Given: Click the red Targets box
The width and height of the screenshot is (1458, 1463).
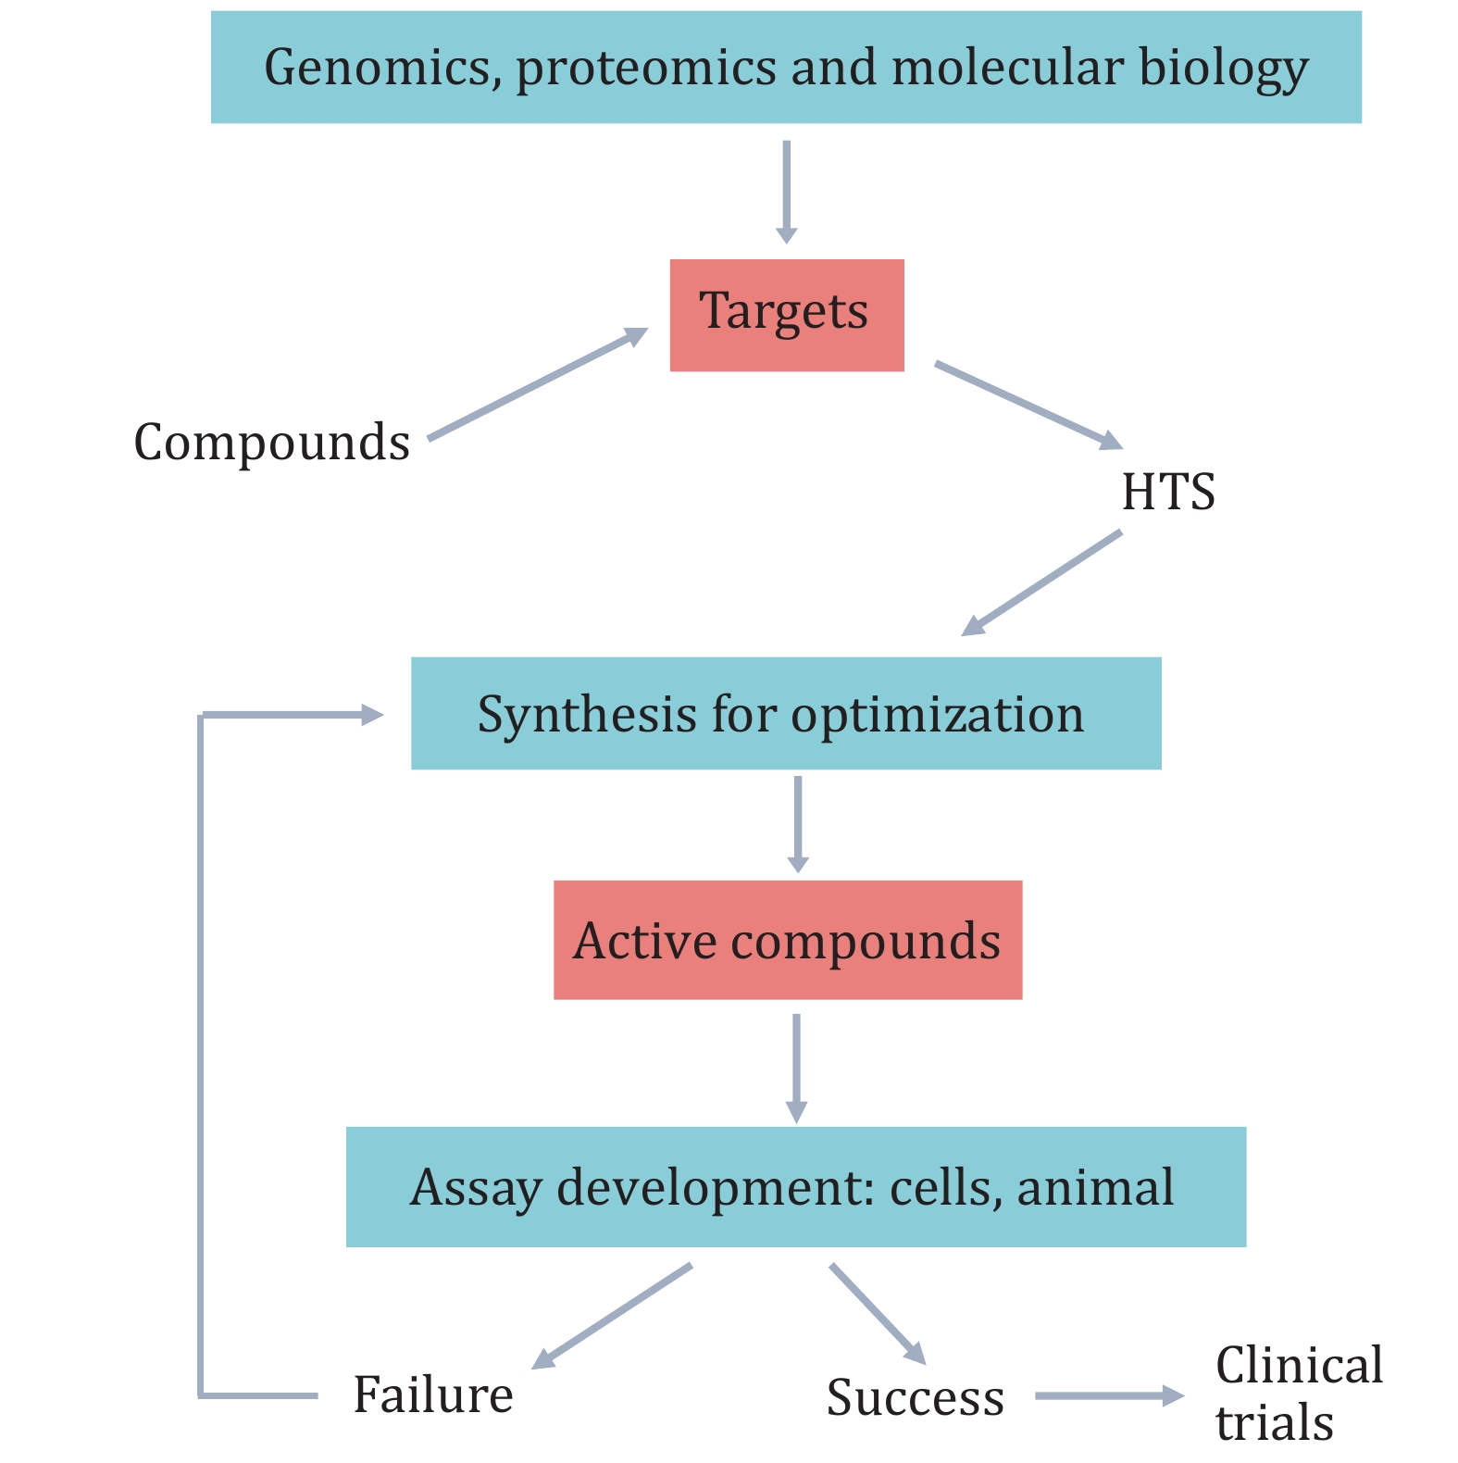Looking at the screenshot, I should coord(786,315).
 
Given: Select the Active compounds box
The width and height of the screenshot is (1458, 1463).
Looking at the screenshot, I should coord(787,940).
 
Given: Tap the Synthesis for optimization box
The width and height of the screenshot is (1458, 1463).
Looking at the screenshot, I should coord(785,713).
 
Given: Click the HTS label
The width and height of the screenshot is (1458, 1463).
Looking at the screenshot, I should coord(1168,492).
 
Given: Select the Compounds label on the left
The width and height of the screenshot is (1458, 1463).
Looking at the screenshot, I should coord(272,443).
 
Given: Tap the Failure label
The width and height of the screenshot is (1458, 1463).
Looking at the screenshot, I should coord(433,1394).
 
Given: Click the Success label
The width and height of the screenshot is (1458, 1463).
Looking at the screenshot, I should coord(915,1397).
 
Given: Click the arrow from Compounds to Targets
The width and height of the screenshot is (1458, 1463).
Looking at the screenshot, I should coord(537,384).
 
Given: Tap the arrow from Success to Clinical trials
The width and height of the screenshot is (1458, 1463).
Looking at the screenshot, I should coord(1108,1395).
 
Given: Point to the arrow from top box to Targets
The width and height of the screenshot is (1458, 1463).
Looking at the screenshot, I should coord(786,191).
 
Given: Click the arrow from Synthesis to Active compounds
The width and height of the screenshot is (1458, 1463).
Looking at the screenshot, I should coord(797,822).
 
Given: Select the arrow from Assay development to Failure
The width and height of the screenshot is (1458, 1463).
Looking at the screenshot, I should coord(613,1315).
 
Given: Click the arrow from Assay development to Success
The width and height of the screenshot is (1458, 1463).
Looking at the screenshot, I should coord(877,1312).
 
